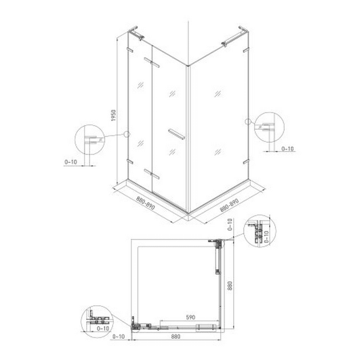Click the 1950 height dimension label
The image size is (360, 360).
114,115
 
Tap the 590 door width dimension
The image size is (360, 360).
190,317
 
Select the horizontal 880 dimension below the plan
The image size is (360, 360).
175,337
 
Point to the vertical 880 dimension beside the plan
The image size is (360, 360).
230,286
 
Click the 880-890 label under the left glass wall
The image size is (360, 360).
146,203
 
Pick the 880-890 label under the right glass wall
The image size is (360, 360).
229,205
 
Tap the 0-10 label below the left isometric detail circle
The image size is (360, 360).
71,162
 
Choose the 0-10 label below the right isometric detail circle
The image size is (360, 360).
287,149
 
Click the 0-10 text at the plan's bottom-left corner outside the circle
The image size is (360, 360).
118,337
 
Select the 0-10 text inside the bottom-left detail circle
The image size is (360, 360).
103,329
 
